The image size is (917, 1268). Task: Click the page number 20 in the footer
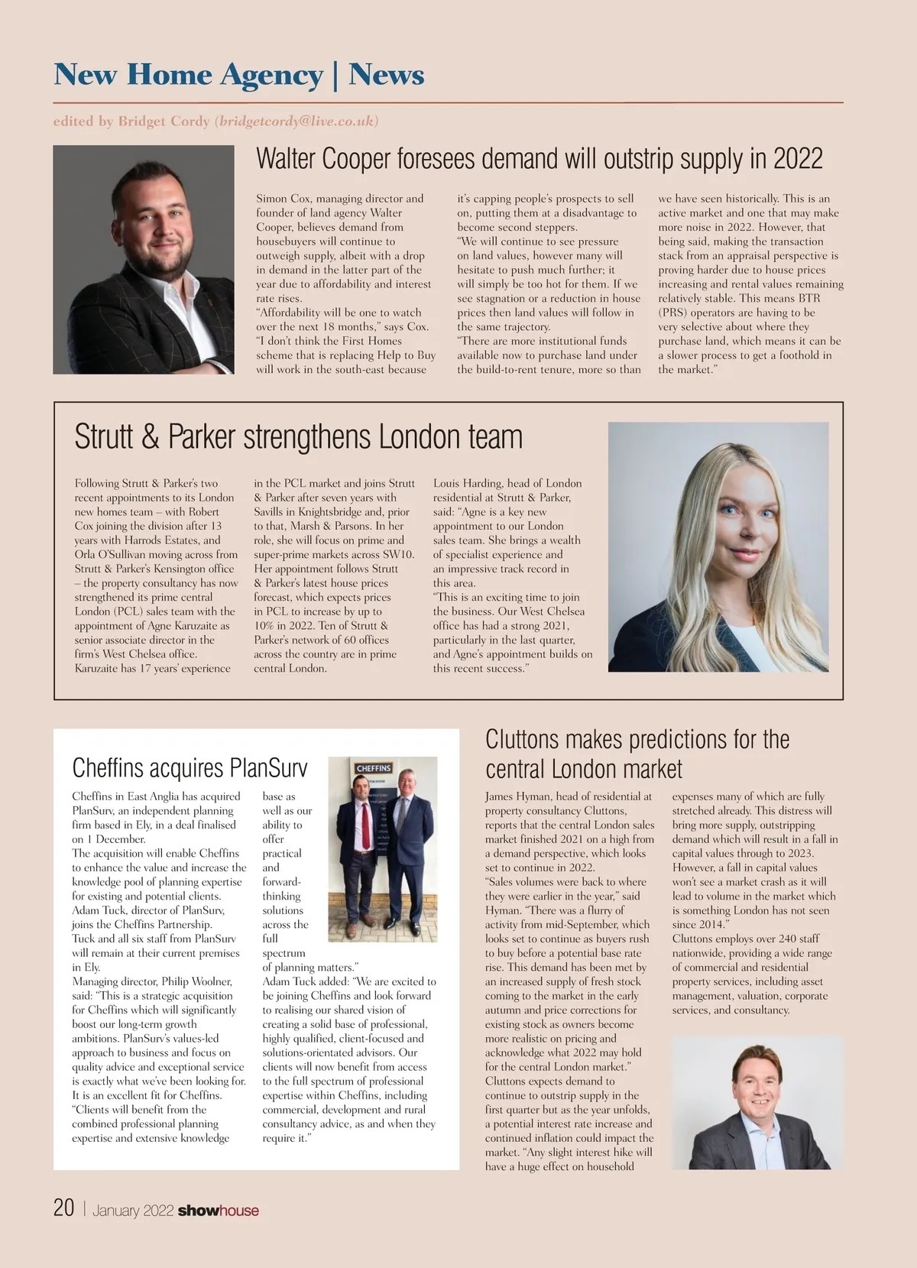pos(63,1208)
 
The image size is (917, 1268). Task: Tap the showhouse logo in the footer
pos(218,1211)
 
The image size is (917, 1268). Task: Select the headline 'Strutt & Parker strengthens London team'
pos(298,437)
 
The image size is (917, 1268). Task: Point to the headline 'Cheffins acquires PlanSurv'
pos(190,767)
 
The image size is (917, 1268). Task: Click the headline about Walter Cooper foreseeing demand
pos(539,159)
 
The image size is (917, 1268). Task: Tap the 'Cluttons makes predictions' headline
pos(637,754)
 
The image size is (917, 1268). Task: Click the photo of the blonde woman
pos(718,547)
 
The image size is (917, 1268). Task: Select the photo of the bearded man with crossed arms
pos(143,260)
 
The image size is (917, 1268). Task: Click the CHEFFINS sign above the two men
pos(374,768)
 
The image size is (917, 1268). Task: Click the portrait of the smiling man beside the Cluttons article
pos(757,1102)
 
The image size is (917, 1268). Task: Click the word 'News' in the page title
pos(386,75)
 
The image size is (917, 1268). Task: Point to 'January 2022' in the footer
pos(133,1211)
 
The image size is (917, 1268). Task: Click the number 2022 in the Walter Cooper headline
pos(798,159)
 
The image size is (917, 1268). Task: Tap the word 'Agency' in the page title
pos(271,75)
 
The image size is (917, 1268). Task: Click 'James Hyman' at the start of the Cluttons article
pos(517,796)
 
